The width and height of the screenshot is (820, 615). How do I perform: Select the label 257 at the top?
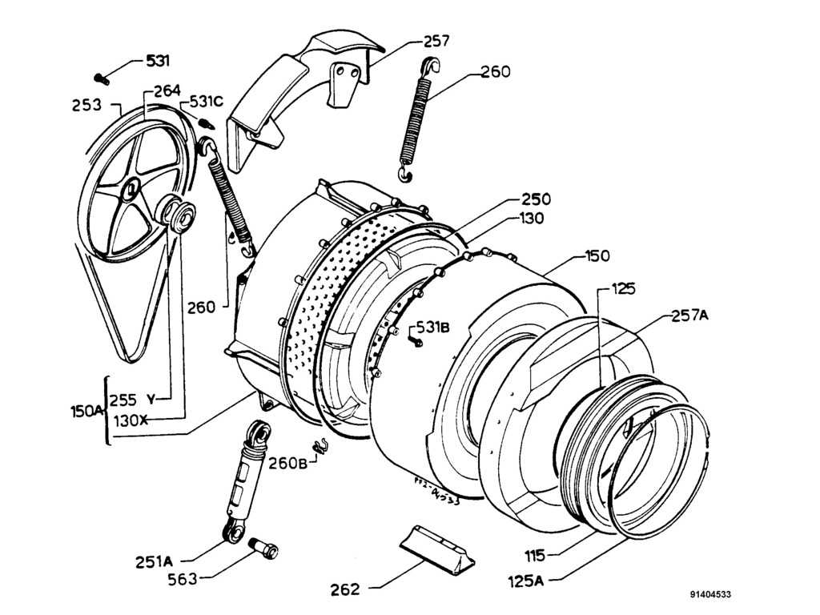[436, 41]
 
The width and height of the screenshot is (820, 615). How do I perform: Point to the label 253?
[86, 105]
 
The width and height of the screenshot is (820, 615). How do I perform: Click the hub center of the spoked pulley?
[130, 190]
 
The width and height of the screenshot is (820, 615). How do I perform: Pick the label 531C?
[207, 102]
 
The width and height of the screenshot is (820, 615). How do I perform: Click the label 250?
[536, 199]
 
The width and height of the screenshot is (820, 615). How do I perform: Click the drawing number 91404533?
[709, 595]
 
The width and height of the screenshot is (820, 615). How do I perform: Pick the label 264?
[167, 90]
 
